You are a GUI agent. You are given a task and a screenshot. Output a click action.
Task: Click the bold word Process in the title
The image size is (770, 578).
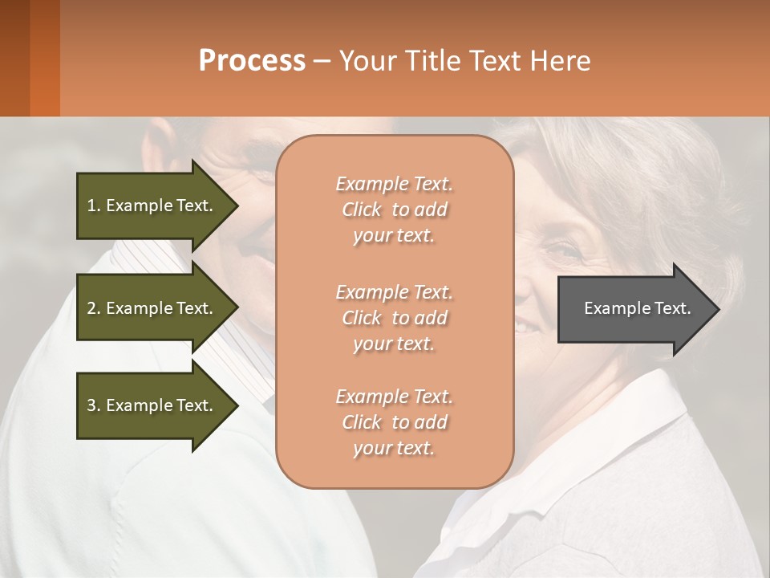click(x=252, y=60)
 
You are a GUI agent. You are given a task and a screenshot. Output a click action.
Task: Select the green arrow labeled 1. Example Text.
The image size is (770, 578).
click(x=152, y=206)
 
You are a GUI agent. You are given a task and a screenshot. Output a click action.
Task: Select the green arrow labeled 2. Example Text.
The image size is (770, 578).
click(x=152, y=308)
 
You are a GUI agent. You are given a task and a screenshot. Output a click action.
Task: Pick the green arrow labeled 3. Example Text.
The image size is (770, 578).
click(x=152, y=405)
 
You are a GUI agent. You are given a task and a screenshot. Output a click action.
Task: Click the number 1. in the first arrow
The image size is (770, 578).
click(x=94, y=206)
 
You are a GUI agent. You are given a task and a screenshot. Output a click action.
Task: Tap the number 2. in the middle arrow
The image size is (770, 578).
click(x=94, y=308)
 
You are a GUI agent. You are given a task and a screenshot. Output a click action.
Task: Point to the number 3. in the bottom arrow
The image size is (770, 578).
click(x=94, y=405)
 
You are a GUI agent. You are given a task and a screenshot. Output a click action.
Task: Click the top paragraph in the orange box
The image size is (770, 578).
click(x=394, y=210)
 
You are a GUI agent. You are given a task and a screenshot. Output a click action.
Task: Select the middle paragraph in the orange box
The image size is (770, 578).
click(x=394, y=317)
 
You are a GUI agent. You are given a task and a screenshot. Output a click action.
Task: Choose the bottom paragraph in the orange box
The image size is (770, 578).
click(x=394, y=422)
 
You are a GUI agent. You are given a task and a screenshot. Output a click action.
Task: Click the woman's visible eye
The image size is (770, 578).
click(x=563, y=251)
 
